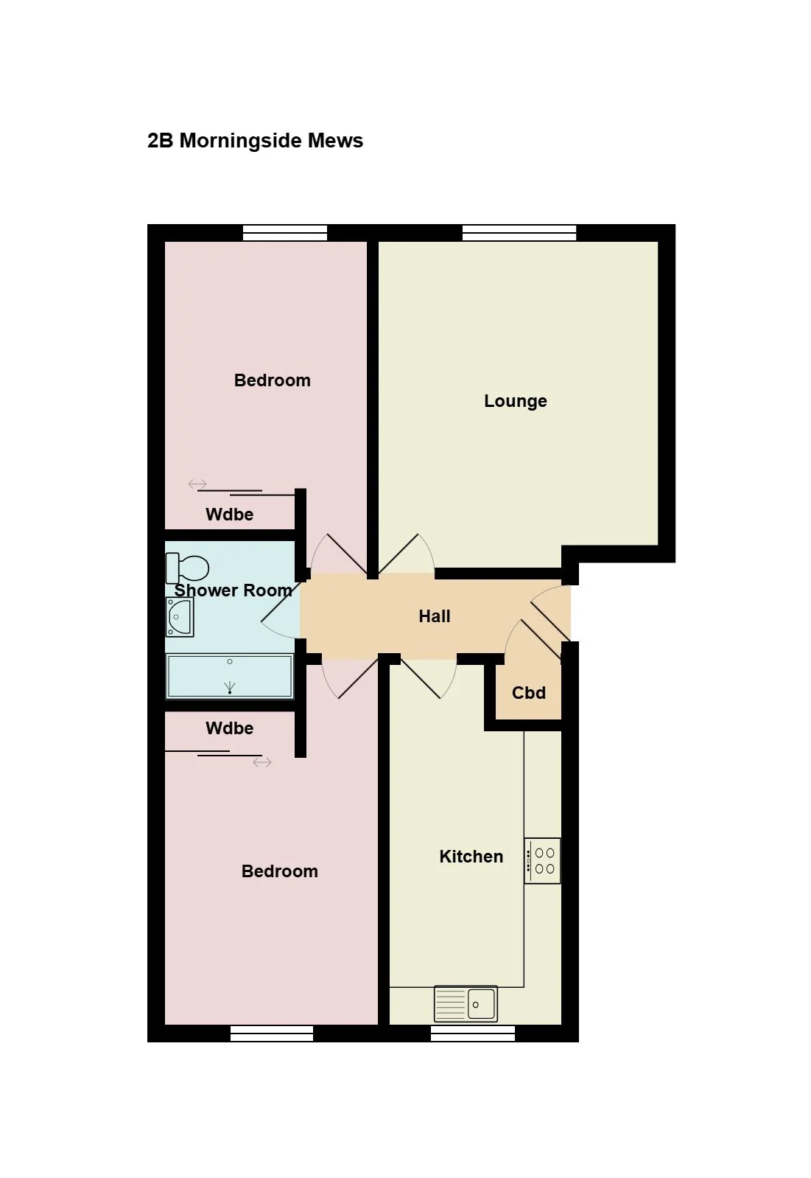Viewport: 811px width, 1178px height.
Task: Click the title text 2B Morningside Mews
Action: pyautogui.click(x=255, y=141)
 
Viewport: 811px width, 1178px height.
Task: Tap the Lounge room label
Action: pyautogui.click(x=516, y=401)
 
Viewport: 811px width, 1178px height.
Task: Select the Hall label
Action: pyautogui.click(x=434, y=616)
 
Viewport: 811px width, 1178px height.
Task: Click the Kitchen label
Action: pyautogui.click(x=471, y=857)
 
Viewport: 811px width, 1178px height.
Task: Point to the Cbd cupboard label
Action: pyautogui.click(x=529, y=693)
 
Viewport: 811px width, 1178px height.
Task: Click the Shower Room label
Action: pyautogui.click(x=234, y=590)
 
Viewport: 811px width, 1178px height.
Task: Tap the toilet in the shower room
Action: pyautogui.click(x=188, y=568)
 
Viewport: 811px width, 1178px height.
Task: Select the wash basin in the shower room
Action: pyautogui.click(x=180, y=617)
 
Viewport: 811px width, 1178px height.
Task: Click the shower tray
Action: pyautogui.click(x=230, y=676)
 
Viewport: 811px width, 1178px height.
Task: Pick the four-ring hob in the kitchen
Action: pyautogui.click(x=542, y=861)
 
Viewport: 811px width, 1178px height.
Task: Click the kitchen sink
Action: pyautogui.click(x=466, y=1004)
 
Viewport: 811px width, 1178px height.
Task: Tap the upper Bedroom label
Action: pyautogui.click(x=273, y=380)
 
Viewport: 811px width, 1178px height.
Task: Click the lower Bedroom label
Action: pyautogui.click(x=280, y=871)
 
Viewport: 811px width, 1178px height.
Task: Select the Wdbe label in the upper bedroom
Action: pyautogui.click(x=229, y=515)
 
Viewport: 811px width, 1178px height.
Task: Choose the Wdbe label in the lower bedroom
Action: pyautogui.click(x=229, y=728)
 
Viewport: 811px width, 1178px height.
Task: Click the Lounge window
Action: pyautogui.click(x=519, y=232)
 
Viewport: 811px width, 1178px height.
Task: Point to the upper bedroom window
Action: pyautogui.click(x=285, y=232)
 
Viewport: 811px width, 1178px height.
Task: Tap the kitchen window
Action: pyautogui.click(x=473, y=1034)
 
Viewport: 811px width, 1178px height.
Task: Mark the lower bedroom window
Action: pyautogui.click(x=272, y=1034)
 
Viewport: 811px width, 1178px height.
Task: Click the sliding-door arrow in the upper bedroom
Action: pyautogui.click(x=197, y=484)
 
